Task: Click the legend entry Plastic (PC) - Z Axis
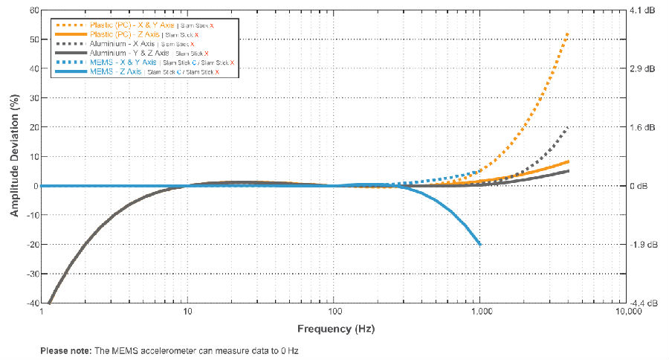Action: pyautogui.click(x=123, y=34)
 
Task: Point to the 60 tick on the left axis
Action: pyautogui.click(x=33, y=10)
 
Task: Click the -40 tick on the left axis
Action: pyautogui.click(x=32, y=303)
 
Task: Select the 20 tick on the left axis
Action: pyautogui.click(x=33, y=127)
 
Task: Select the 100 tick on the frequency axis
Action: pyautogui.click(x=334, y=313)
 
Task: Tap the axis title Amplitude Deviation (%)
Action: pyautogui.click(x=14, y=156)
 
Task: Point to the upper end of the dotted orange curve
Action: pyautogui.click(x=569, y=33)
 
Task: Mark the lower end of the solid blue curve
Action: pyautogui.click(x=481, y=244)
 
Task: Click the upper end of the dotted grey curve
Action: pyautogui.click(x=569, y=128)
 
